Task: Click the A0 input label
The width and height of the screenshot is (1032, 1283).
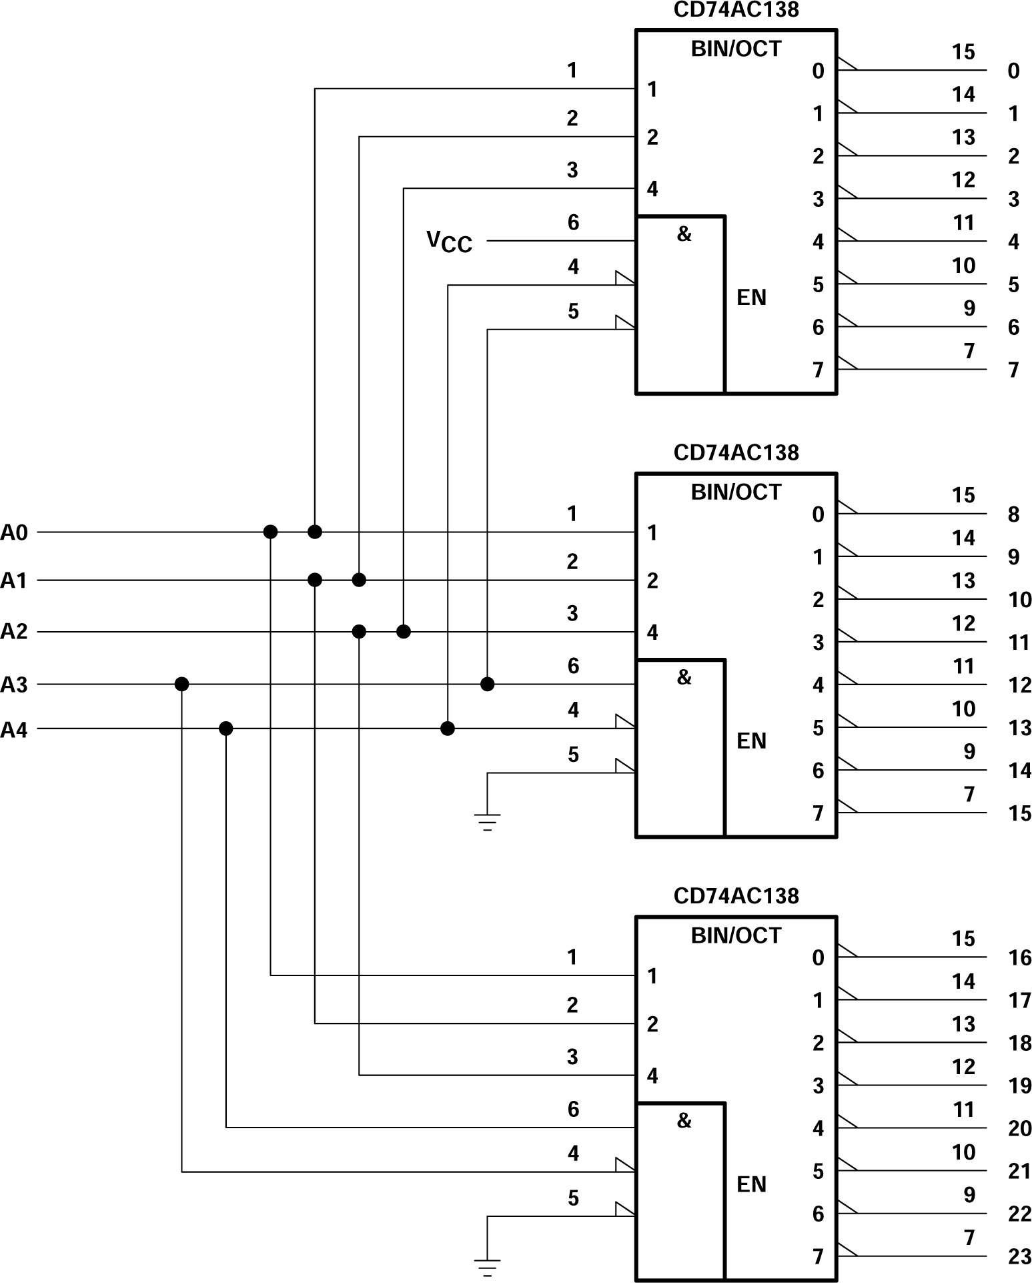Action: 14,532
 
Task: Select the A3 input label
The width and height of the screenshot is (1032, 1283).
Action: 14,685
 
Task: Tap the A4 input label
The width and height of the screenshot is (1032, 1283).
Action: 14,730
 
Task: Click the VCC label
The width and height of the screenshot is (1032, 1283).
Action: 449,242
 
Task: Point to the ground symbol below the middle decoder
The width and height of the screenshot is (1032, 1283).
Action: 488,822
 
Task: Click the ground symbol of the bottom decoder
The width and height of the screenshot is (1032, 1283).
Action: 488,1266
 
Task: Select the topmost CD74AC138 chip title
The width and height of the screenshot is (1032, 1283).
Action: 736,9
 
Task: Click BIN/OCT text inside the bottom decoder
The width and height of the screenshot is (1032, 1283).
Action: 736,935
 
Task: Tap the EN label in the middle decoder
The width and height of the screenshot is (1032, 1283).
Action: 751,741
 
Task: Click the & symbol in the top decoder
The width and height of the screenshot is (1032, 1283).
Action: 684,234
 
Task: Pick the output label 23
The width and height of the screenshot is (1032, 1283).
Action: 1019,1257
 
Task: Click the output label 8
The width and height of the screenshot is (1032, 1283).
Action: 1013,514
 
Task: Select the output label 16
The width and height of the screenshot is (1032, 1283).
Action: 1019,958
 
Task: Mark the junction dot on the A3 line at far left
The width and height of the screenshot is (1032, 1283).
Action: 181,684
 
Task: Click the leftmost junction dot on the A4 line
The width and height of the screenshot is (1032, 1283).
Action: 226,729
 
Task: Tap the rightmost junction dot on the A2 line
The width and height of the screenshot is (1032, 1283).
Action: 404,631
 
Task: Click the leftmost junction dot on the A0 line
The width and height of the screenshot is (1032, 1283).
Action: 270,532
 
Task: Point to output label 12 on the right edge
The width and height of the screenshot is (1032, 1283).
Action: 1019,685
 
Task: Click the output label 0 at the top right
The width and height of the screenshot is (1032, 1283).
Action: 1013,71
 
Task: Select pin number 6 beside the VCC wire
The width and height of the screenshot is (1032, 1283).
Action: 573,222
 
